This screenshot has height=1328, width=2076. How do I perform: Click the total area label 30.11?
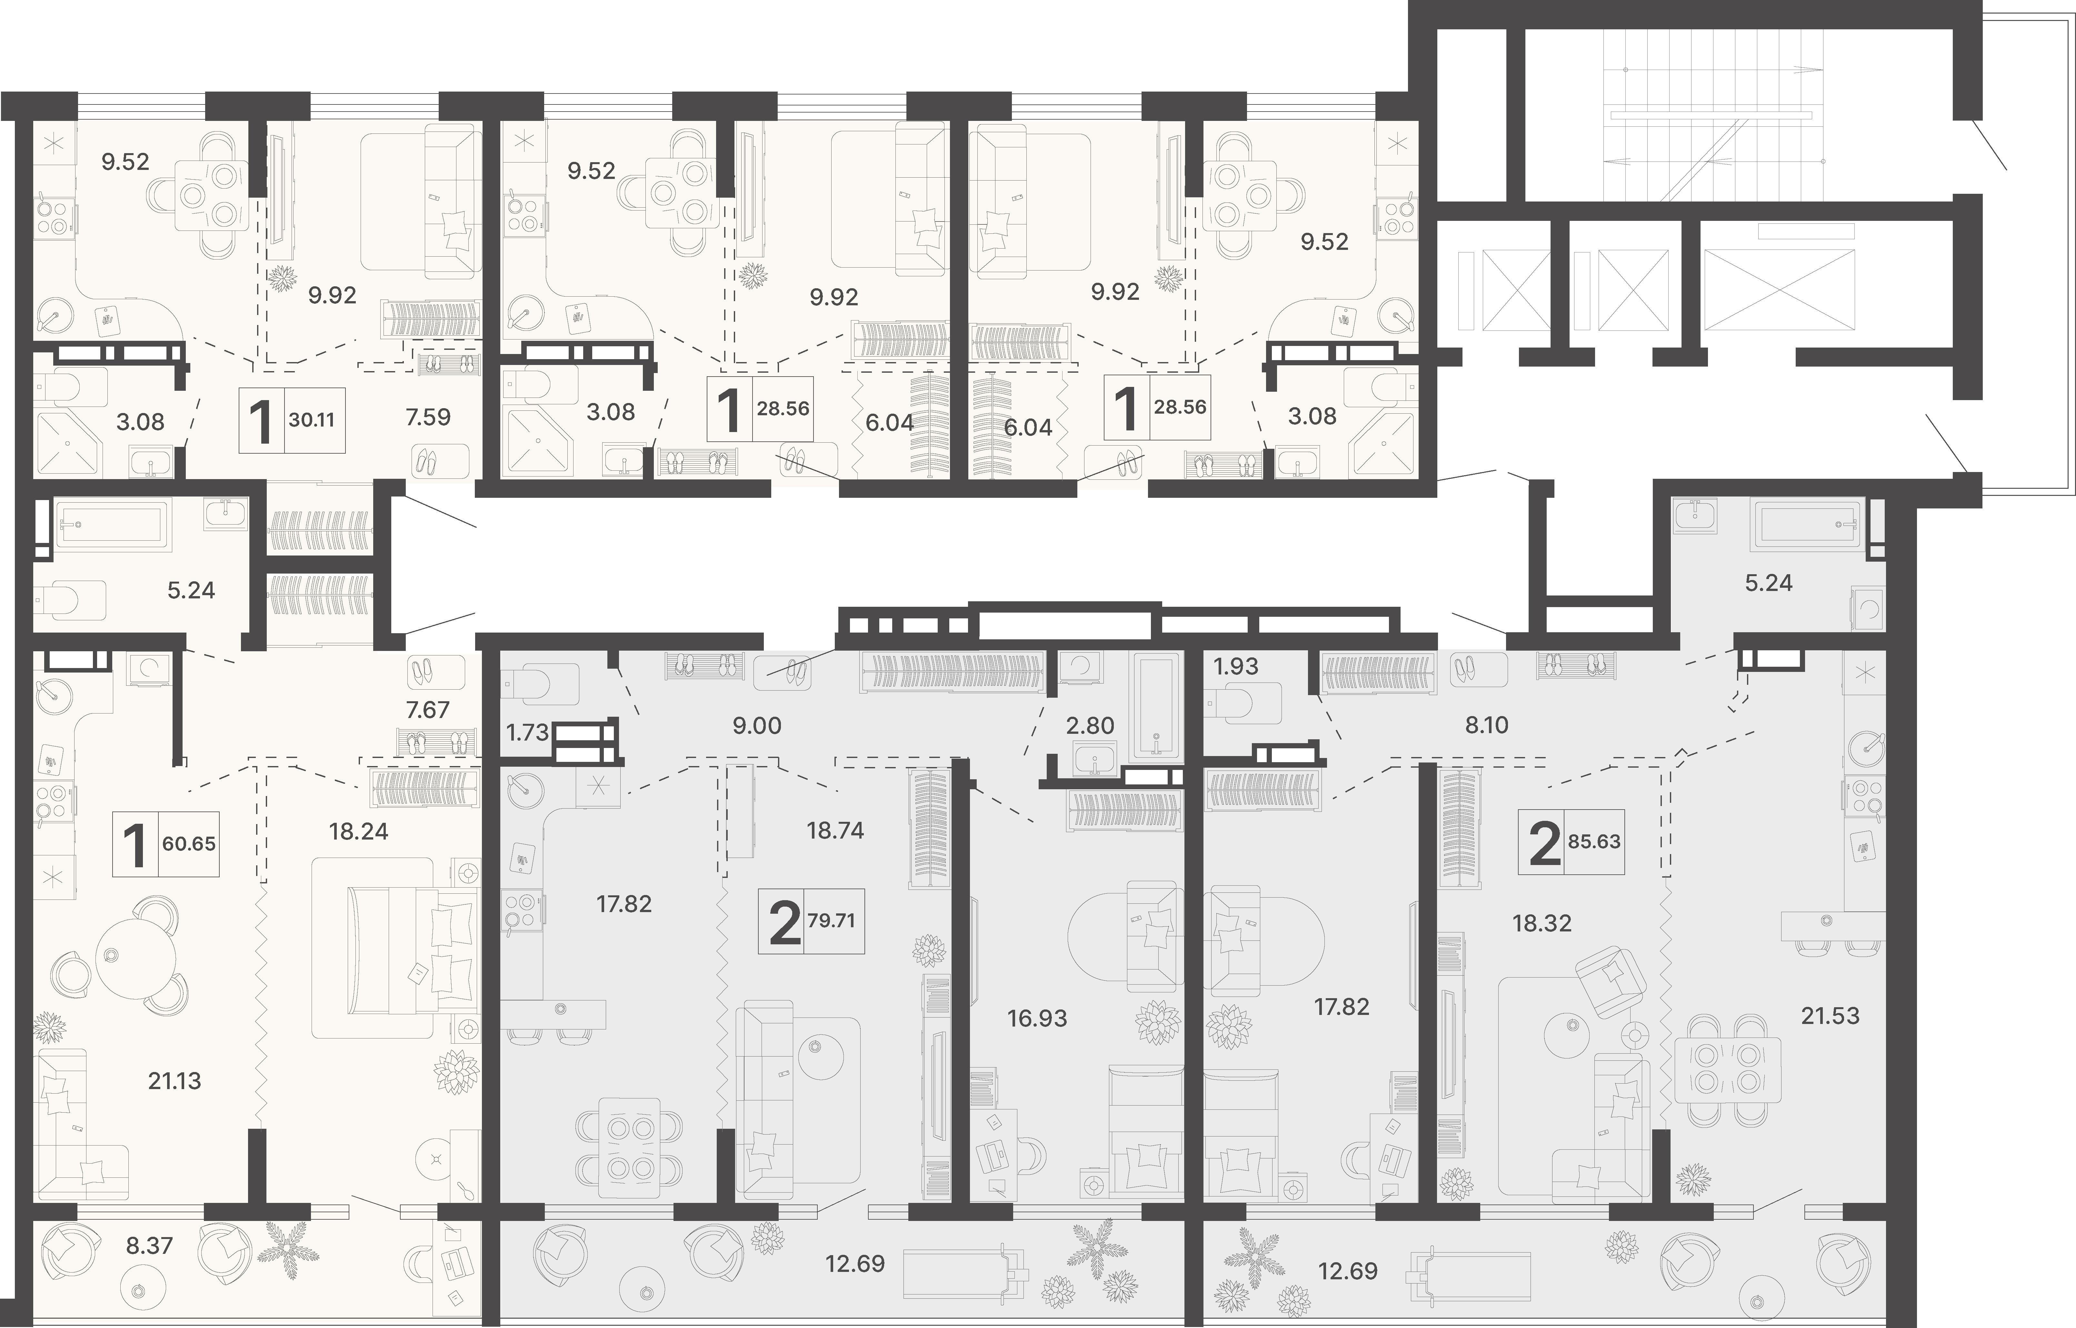(x=311, y=421)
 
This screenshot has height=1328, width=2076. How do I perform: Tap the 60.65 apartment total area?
(x=189, y=843)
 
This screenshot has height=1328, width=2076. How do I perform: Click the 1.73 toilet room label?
(x=527, y=733)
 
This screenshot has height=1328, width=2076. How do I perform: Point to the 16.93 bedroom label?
(x=1037, y=1018)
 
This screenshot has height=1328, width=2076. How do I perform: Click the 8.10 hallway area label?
(x=1487, y=725)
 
